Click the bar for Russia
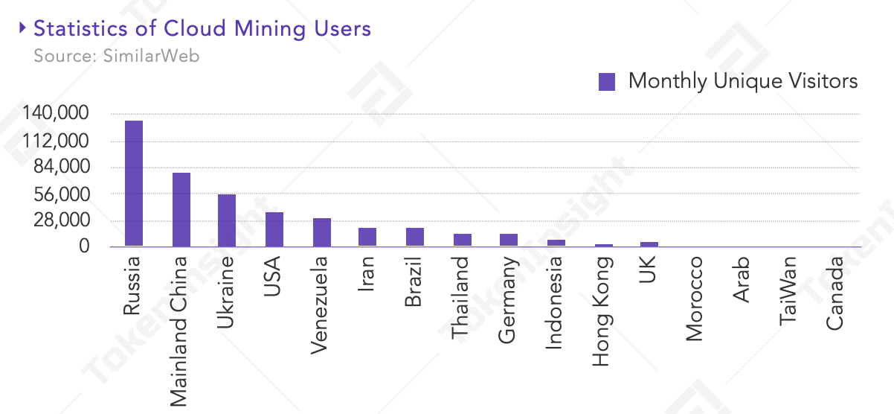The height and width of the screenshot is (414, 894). tap(134, 183)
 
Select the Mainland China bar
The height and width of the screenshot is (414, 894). tap(181, 209)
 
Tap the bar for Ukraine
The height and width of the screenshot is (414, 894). tap(227, 220)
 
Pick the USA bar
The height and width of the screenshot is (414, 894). tap(274, 229)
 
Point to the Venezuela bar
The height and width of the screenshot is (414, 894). tap(322, 232)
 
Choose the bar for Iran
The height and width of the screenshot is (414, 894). tap(367, 237)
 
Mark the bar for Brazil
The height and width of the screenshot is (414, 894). tap(415, 237)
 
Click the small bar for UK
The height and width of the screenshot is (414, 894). tap(649, 244)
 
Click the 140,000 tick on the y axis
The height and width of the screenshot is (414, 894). tap(56, 112)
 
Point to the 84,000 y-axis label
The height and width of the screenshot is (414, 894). tap(62, 166)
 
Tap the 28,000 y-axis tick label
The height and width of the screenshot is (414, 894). tap(62, 220)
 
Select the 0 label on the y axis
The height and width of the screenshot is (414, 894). tap(84, 246)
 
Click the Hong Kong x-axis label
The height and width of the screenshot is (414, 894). tap(602, 312)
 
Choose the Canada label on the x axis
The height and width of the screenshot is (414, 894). tap(834, 293)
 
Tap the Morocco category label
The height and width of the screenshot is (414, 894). tap(694, 299)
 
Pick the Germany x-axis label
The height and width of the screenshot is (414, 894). tap(508, 300)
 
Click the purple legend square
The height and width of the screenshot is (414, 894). tap(607, 82)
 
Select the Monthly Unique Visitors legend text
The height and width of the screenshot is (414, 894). tap(743, 81)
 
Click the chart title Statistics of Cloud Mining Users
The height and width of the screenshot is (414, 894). tap(202, 29)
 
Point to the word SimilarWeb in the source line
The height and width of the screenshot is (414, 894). tap(151, 56)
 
